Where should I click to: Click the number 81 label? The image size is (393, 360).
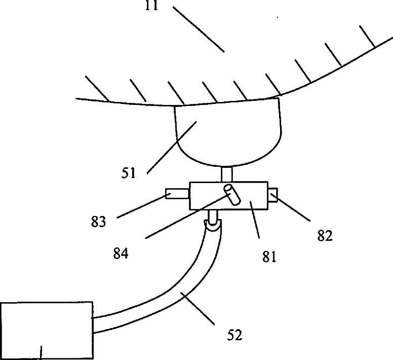pos(268,256)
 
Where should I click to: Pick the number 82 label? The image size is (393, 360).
pos(324,235)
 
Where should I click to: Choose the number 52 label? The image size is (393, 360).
pos(234,335)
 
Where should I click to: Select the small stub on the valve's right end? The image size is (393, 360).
pos(274,194)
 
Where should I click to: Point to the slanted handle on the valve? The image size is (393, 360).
pos(232,195)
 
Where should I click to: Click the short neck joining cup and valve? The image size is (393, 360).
pos(227,174)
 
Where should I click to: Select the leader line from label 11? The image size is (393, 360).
pos(199,29)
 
